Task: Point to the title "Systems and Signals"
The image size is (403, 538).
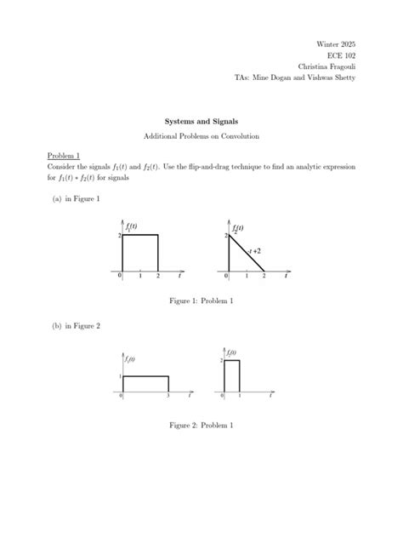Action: tap(201, 121)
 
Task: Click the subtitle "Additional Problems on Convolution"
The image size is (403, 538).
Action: tap(201, 136)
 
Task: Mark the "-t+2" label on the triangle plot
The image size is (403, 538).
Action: tap(254, 252)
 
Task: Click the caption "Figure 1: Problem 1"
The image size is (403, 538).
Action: tap(201, 300)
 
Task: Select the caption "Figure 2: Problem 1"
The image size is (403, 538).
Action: tap(201, 425)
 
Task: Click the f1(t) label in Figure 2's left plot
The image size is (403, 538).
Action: tap(129, 359)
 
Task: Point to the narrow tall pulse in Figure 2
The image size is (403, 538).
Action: tap(231, 375)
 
